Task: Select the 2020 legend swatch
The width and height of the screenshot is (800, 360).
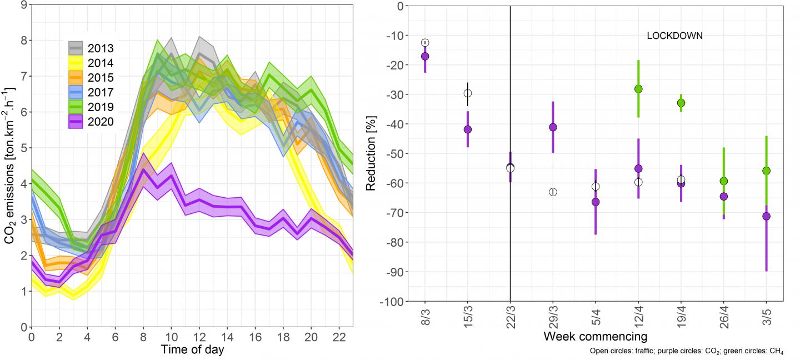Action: pyautogui.click(x=76, y=122)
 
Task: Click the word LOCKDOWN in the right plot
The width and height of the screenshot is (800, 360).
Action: pyautogui.click(x=675, y=36)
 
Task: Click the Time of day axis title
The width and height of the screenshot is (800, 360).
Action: pyautogui.click(x=193, y=349)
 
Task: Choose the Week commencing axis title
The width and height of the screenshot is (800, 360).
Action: pyautogui.click(x=595, y=337)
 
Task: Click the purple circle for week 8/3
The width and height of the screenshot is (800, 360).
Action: pyautogui.click(x=425, y=56)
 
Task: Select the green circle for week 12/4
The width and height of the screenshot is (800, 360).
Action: pyautogui.click(x=638, y=89)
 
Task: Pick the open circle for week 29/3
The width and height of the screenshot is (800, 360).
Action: pyautogui.click(x=553, y=192)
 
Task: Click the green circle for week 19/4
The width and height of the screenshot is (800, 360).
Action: pyautogui.click(x=681, y=103)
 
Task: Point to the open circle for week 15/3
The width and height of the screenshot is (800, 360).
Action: pyautogui.click(x=468, y=93)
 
